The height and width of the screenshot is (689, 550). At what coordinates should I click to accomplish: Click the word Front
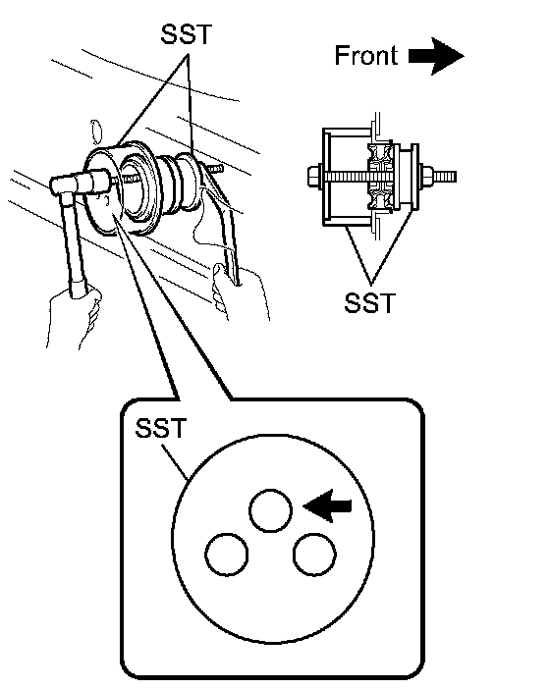[x=365, y=55]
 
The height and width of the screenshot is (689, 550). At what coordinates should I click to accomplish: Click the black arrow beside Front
[x=436, y=56]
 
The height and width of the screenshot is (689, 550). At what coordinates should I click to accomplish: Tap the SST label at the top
[x=187, y=33]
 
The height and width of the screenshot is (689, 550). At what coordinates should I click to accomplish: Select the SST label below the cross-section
[x=369, y=302]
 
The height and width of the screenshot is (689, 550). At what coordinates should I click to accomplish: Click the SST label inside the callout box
[x=161, y=428]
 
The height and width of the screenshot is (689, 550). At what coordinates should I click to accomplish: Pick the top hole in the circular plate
[x=270, y=510]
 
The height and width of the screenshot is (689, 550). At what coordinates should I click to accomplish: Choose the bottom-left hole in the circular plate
[x=227, y=555]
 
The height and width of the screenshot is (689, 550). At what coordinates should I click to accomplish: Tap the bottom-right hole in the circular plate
[x=314, y=555]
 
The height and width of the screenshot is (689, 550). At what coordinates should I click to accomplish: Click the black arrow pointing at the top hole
[x=327, y=505]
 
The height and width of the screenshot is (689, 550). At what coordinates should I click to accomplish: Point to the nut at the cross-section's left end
[x=315, y=177]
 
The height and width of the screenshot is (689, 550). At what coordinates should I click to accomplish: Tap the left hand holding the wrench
[x=75, y=317]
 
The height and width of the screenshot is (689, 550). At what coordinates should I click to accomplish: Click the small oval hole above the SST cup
[x=96, y=132]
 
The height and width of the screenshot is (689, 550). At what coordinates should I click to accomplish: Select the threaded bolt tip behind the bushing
[x=215, y=169]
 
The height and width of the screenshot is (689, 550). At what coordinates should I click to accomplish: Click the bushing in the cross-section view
[x=381, y=177]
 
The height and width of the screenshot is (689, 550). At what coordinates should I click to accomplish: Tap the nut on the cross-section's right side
[x=426, y=177]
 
